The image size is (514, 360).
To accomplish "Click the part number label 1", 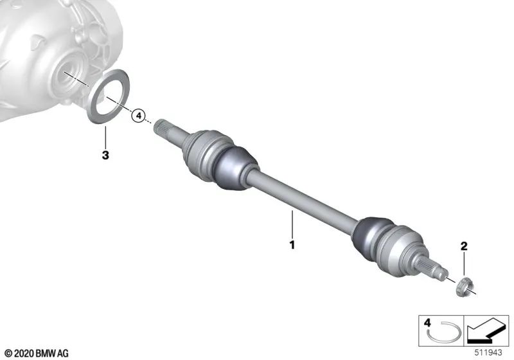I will point(292,245).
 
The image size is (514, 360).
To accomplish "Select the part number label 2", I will point(463,246).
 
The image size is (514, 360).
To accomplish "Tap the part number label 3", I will point(105,155).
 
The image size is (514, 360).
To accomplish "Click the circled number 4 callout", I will point(137,116).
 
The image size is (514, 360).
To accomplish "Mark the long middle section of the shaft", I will point(302,202).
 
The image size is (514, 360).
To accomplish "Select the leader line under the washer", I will point(105,136).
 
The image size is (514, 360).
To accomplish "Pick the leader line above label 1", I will point(292,225).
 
